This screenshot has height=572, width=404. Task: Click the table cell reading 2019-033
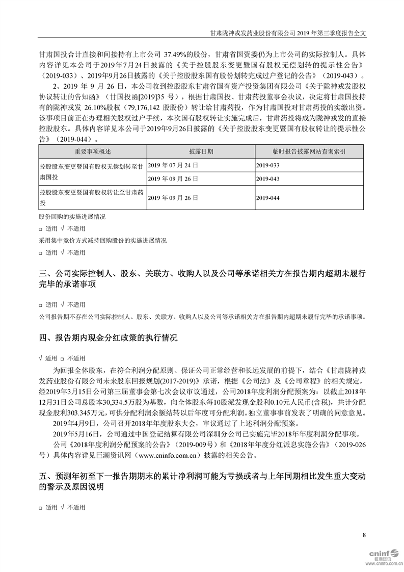(x=268, y=166)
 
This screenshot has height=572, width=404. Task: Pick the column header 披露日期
(x=201, y=151)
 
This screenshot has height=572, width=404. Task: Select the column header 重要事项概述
(x=92, y=151)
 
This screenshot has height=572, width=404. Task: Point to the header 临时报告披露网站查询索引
(x=310, y=151)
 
